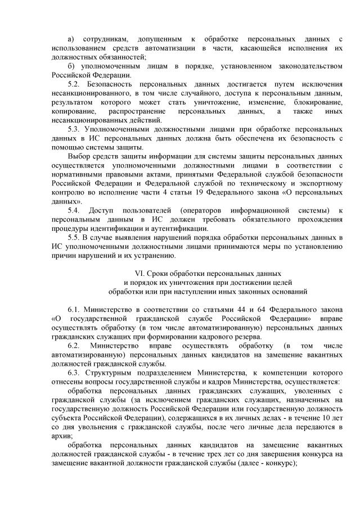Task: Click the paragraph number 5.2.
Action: (x=73, y=84)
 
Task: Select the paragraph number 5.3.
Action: (x=73, y=129)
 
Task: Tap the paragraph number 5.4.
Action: (x=73, y=210)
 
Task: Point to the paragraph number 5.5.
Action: (x=73, y=237)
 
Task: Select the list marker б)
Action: (x=70, y=66)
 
